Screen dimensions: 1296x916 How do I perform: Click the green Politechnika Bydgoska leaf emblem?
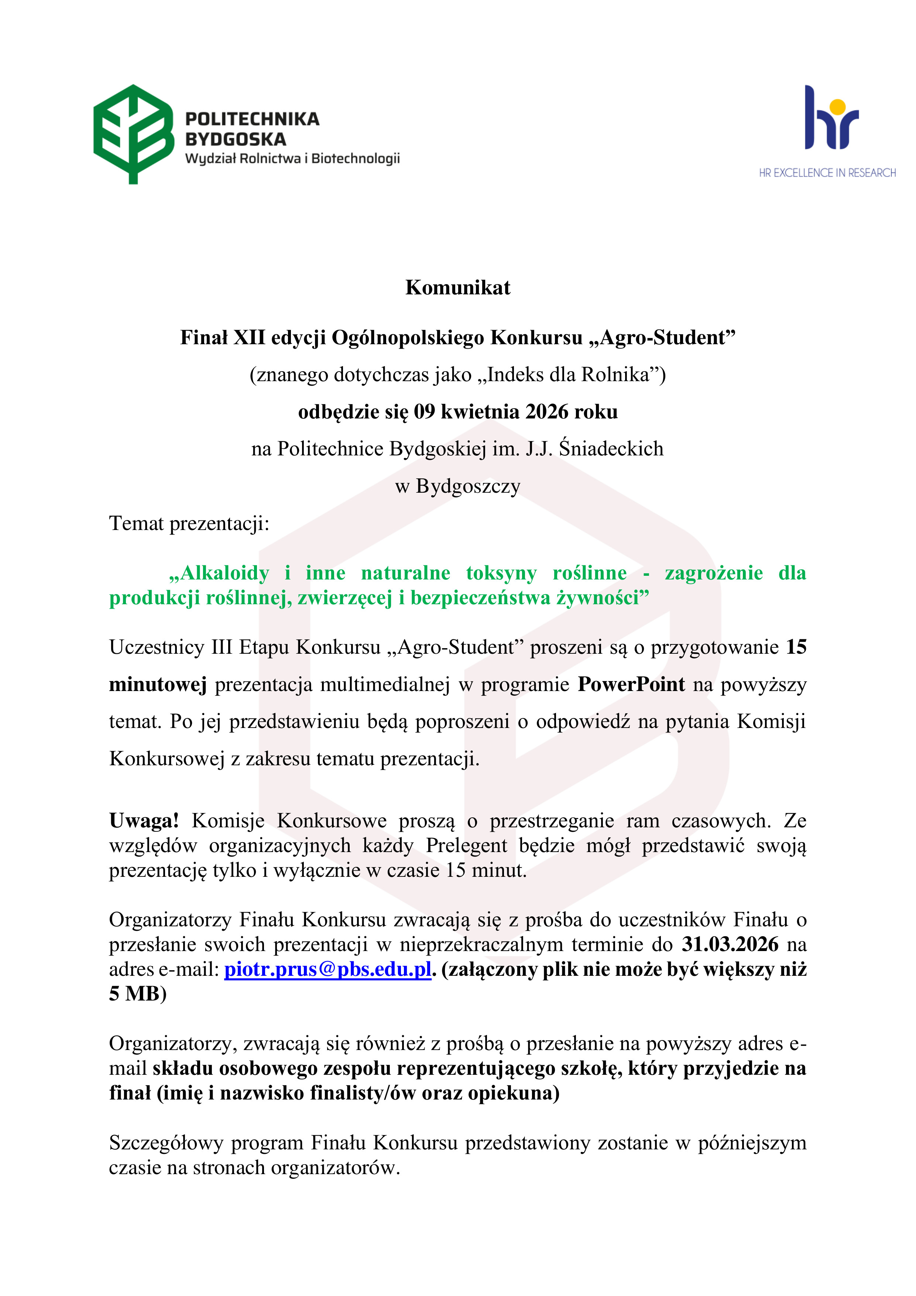133,133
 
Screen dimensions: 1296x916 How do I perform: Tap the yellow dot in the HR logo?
838,107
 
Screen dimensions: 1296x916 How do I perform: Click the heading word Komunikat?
458,288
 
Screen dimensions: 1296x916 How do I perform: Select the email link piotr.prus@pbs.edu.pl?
328,969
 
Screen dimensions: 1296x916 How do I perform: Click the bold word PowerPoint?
631,684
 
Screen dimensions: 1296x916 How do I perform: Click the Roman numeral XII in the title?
249,338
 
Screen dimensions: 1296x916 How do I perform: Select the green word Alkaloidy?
219,573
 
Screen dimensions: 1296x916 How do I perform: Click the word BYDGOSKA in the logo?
235,139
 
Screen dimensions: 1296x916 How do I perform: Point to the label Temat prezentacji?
189,523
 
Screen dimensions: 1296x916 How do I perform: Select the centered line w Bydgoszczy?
458,486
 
